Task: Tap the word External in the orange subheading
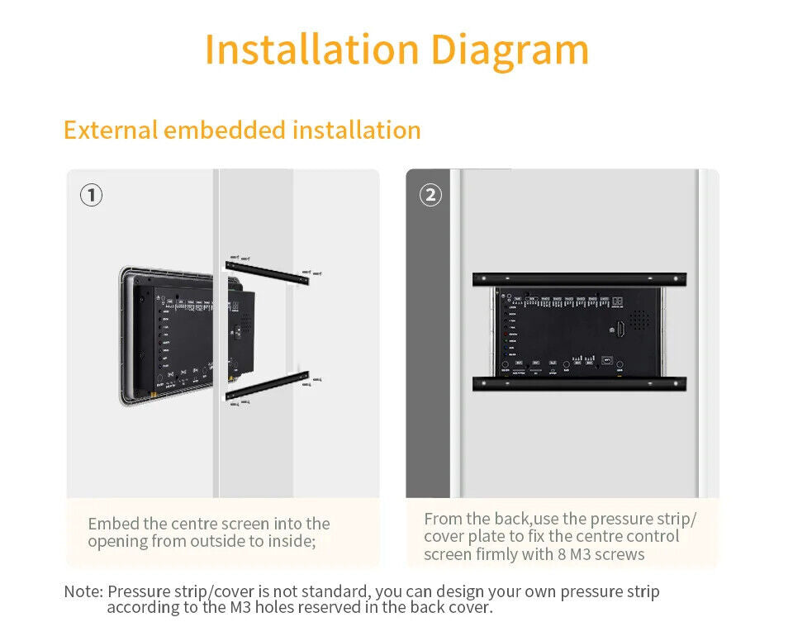tap(110, 131)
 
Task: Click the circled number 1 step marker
tap(91, 196)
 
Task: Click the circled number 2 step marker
tap(430, 196)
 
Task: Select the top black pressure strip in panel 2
tap(579, 279)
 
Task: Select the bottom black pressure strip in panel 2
tap(579, 383)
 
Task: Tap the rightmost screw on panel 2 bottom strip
tap(677, 383)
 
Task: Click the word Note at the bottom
tap(82, 591)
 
